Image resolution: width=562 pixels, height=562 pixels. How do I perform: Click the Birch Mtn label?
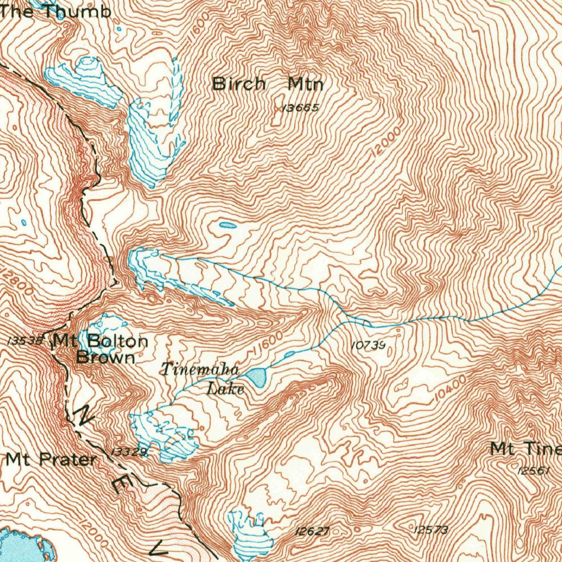point(268,85)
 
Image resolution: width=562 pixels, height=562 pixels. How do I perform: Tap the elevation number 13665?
point(300,108)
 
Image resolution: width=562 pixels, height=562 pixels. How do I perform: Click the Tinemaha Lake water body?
point(256,376)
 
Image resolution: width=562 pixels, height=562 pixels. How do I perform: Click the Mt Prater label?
point(51,459)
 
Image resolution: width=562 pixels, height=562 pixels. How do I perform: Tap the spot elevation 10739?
point(368,345)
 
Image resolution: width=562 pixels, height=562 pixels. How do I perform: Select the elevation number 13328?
point(130,451)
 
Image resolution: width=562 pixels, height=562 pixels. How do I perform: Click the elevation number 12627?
point(312,531)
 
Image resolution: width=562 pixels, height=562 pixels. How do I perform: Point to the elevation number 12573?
point(431,529)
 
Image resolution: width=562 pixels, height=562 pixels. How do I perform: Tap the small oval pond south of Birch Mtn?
point(228,225)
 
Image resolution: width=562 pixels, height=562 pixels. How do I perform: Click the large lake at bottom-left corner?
point(22,546)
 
